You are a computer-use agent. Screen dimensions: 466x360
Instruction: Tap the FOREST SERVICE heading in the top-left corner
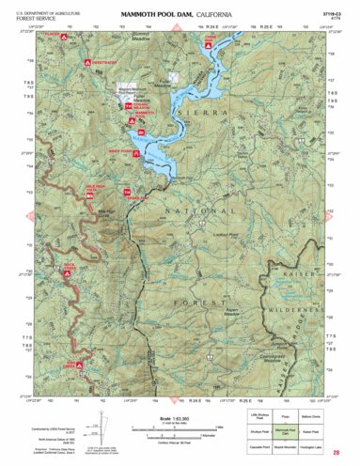pyautogui.click(x=34, y=16)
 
